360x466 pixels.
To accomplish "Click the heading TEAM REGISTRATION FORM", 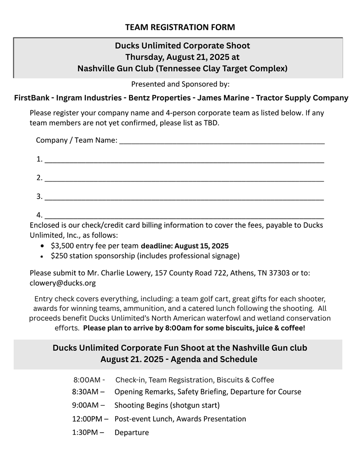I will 180,27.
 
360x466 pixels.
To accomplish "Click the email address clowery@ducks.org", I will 63,283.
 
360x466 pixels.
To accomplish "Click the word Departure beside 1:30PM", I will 131,433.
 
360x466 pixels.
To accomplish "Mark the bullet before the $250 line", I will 42,256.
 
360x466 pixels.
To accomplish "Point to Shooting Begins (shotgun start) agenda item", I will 167,405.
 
